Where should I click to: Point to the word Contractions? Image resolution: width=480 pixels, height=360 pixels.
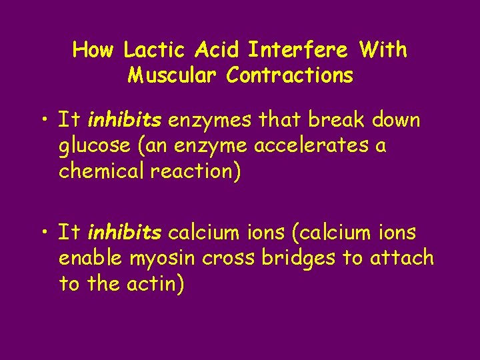(x=289, y=75)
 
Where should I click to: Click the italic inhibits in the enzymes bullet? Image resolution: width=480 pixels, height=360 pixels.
(x=124, y=121)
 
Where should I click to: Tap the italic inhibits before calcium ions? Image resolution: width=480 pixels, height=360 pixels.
(x=124, y=233)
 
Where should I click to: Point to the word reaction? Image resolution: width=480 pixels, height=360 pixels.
(x=193, y=171)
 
